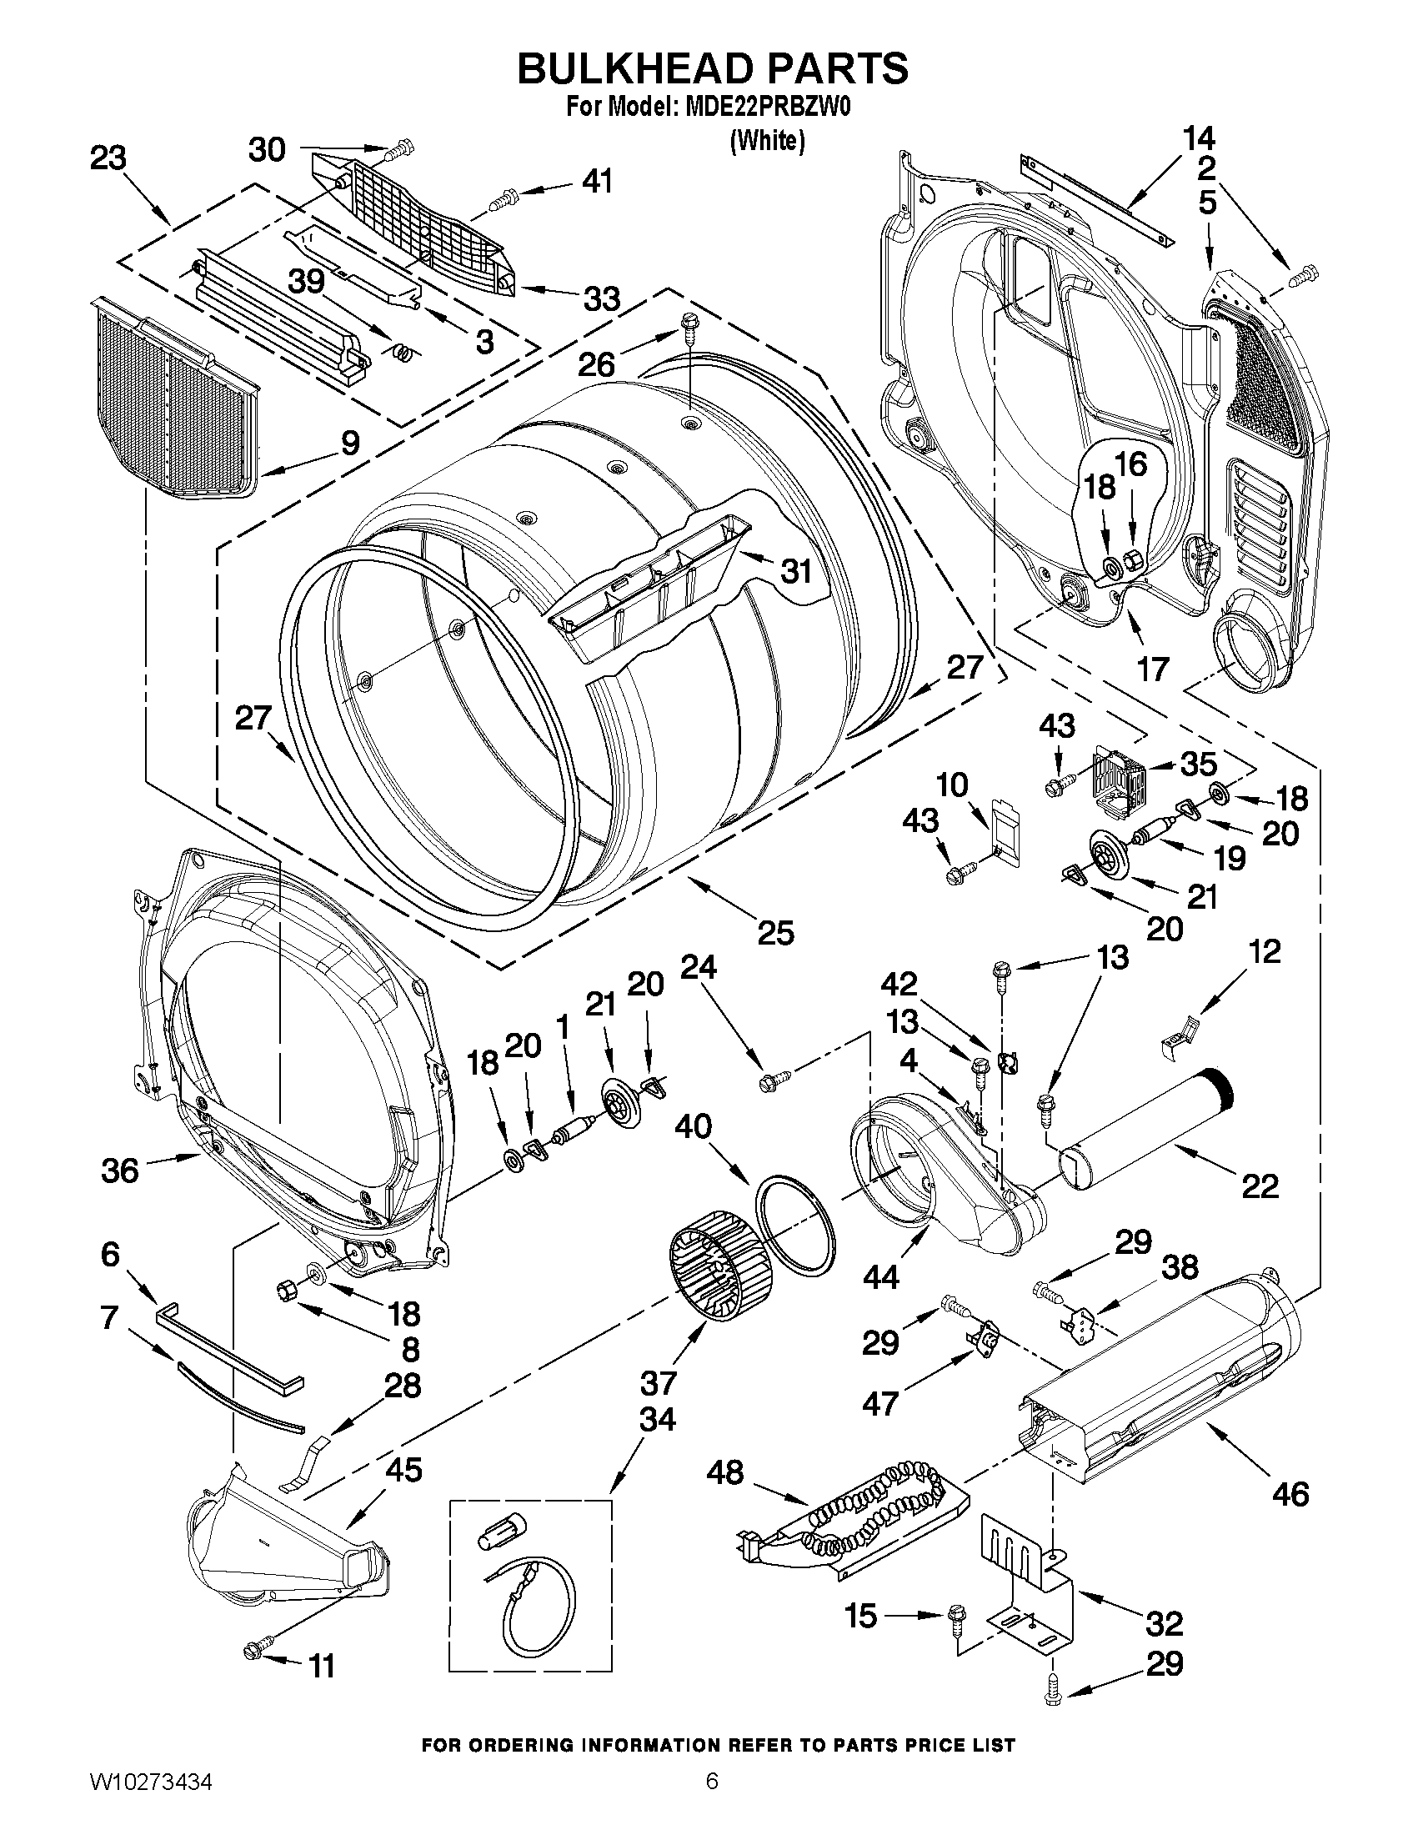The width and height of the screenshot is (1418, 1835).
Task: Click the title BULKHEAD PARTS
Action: point(712,68)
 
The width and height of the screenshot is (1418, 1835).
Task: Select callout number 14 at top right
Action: point(1200,137)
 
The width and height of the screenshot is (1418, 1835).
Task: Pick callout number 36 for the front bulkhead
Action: point(119,1170)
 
